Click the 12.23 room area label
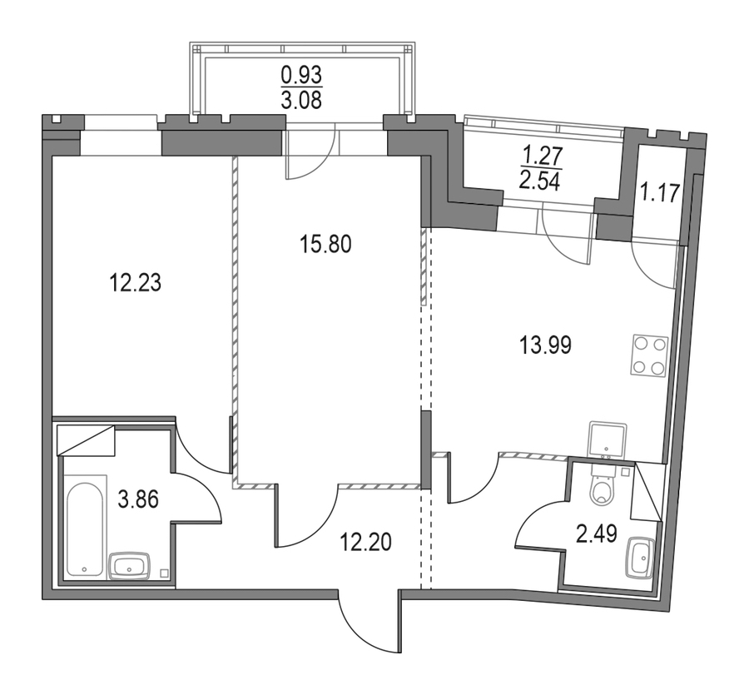tap(136, 283)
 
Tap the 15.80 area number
tap(325, 244)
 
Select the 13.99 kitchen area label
tap(545, 345)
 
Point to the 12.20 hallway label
tap(365, 542)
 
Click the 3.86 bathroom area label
tap(138, 500)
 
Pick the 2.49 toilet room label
tap(597, 534)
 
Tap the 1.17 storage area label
tap(660, 193)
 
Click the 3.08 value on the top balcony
tap(301, 101)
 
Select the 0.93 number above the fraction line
tap(301, 75)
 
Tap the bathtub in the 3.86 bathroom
tap(85, 526)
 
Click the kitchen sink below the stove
tap(608, 439)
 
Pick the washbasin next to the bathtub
tap(130, 566)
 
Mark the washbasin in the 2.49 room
tap(640, 558)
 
